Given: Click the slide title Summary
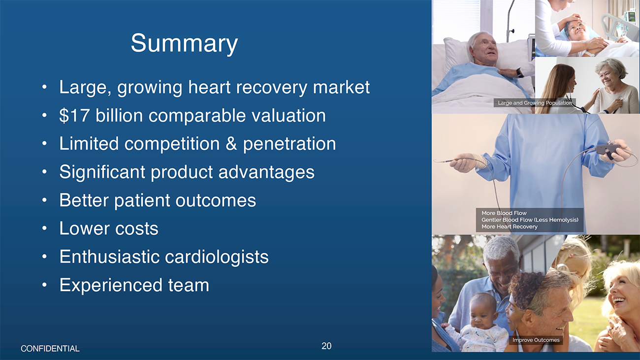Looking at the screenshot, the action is (x=184, y=43).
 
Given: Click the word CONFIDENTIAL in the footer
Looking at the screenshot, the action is (x=50, y=349).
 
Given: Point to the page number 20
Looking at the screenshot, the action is (x=326, y=346).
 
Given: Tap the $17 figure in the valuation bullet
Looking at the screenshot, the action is (x=74, y=115).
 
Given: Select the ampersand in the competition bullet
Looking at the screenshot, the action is (x=231, y=143).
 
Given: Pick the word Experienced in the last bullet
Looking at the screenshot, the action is (x=111, y=285).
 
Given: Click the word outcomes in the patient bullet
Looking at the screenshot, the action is (x=216, y=200).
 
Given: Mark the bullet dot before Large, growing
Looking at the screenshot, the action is (x=44, y=87).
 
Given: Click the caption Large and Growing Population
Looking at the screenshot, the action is (x=535, y=103).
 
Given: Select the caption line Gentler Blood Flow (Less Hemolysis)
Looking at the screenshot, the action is (x=530, y=220).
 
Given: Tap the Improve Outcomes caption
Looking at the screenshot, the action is (x=536, y=340).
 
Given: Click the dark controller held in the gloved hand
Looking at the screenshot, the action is (x=609, y=151).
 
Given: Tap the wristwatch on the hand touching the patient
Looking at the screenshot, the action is (x=520, y=73).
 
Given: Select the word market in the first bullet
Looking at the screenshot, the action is (x=342, y=87).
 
